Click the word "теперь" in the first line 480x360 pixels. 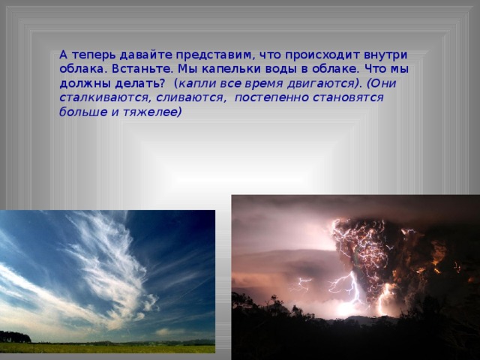click(x=94, y=56)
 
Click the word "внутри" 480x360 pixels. click(x=385, y=56)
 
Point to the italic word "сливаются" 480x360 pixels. click(x=190, y=98)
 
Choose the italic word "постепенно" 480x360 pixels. click(x=272, y=98)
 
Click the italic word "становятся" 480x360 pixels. click(x=348, y=98)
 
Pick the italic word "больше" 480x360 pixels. click(x=83, y=112)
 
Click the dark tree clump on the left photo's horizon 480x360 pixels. click(x=15, y=337)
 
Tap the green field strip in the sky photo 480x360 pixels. click(x=107, y=348)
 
